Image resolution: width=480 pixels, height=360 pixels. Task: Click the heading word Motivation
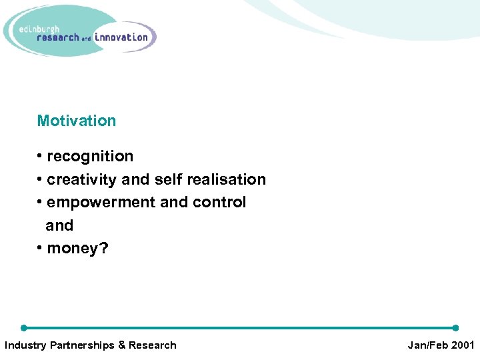click(x=76, y=121)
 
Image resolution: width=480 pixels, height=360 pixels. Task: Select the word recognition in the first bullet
click(x=90, y=156)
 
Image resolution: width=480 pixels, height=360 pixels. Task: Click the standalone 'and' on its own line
click(x=59, y=225)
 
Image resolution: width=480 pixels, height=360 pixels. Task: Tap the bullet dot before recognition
click(x=40, y=157)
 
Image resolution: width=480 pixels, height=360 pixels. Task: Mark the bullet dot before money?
click(x=40, y=249)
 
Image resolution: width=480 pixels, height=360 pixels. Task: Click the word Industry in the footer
click(x=25, y=345)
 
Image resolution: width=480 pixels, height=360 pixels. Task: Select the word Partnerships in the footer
click(x=82, y=345)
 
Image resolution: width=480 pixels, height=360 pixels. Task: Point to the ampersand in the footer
click(x=121, y=345)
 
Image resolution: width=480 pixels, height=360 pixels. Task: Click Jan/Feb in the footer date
click(x=426, y=345)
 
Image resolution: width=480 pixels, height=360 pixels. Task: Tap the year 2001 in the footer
click(x=462, y=345)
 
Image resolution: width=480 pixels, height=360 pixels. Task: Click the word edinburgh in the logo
click(x=39, y=29)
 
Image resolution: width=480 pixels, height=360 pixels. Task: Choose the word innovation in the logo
click(x=121, y=37)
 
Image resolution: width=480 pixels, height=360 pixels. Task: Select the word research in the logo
click(x=58, y=38)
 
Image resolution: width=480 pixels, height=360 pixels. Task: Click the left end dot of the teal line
click(x=24, y=328)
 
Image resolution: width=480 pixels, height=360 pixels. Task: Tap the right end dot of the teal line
click(x=455, y=328)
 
